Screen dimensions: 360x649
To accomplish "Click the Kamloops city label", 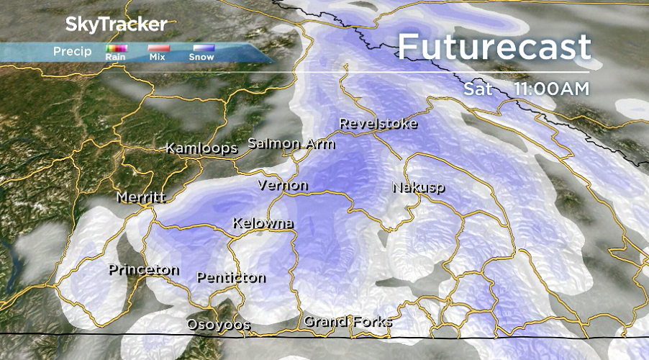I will (x=201, y=148).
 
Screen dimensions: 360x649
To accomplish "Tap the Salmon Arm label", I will (x=291, y=143).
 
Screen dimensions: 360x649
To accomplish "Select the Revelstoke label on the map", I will (x=378, y=123).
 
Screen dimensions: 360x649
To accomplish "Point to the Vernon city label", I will (x=283, y=186).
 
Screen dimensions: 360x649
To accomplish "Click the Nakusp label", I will (x=418, y=187).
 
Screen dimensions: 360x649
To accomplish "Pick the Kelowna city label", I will (x=263, y=223).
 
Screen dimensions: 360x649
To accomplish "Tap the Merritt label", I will (x=142, y=197).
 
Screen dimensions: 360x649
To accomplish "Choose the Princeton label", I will (x=144, y=270).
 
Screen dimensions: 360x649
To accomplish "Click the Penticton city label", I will (x=231, y=277).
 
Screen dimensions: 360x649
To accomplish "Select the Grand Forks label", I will (x=348, y=321).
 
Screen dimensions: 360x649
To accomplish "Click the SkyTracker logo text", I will (x=116, y=24).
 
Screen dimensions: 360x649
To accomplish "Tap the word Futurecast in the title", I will (x=494, y=48).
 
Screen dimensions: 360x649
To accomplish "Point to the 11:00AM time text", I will (x=551, y=89).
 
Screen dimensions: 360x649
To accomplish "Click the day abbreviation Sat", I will (x=478, y=89).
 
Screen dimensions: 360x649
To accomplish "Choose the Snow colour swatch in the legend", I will (x=201, y=48).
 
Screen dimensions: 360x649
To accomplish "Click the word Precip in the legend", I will (x=72, y=51).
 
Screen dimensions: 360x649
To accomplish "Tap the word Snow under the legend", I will (x=201, y=57).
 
